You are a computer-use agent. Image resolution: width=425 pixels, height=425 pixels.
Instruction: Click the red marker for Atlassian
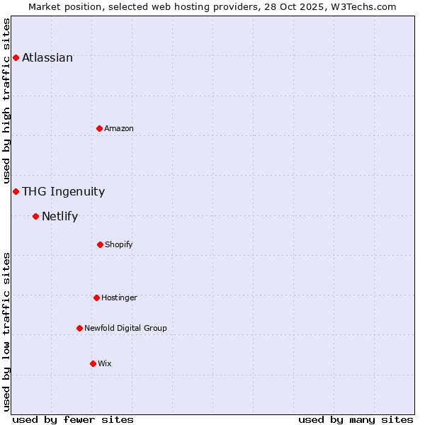click(x=16, y=57)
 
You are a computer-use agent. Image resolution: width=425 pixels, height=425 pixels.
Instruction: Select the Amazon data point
click(x=99, y=128)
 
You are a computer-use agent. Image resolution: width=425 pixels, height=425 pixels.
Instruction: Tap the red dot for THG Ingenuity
click(x=16, y=191)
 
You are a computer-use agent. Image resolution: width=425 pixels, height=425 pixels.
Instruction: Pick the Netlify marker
click(x=35, y=216)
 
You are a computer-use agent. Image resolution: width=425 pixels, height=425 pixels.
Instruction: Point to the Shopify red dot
click(x=100, y=244)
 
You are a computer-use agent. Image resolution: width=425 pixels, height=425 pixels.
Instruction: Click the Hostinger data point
click(x=96, y=297)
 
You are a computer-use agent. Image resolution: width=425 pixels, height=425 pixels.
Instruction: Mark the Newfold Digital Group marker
click(x=79, y=328)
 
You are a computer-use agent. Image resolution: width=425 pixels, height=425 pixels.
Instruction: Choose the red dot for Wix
click(x=93, y=363)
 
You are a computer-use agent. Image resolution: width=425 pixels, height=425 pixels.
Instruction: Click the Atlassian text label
click(x=47, y=58)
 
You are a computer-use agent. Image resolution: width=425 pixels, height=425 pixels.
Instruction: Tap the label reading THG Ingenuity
click(x=63, y=191)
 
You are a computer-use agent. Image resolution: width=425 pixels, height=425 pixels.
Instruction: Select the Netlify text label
click(x=59, y=217)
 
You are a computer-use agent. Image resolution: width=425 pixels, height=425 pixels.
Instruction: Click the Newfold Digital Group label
click(x=125, y=328)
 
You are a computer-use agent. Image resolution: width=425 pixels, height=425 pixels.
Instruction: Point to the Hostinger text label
click(x=119, y=298)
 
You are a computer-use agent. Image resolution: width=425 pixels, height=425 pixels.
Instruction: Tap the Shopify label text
click(x=118, y=245)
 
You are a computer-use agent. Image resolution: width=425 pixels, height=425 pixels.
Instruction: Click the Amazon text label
click(x=118, y=129)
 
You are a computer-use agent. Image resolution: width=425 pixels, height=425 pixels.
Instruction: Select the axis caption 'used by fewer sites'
click(x=73, y=419)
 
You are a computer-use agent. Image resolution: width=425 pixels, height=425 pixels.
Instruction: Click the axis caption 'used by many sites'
click(x=356, y=419)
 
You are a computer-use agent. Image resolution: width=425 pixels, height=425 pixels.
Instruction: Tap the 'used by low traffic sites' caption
click(x=6, y=331)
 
